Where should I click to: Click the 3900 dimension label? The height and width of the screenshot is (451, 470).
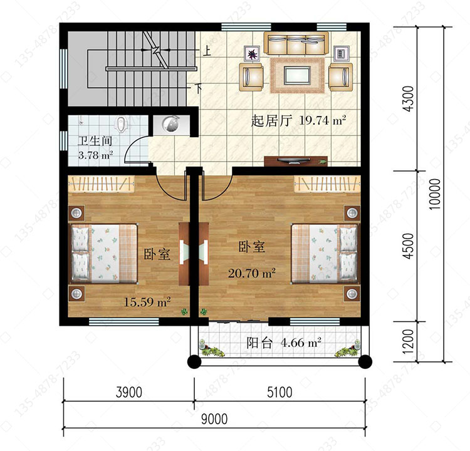129,392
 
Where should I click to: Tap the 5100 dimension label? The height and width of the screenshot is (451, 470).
279,392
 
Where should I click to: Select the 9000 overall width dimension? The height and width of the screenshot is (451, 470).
214,419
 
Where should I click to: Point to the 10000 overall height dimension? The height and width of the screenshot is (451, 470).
435,194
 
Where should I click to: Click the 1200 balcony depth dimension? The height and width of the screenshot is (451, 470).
408,341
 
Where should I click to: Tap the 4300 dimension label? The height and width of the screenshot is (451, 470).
408,98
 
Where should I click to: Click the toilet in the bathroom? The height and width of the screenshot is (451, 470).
122,124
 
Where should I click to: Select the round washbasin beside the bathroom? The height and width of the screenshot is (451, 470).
170,123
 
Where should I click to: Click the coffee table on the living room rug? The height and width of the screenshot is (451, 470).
297,75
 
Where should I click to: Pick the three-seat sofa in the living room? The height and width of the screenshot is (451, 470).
296,43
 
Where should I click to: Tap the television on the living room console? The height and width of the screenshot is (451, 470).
293,161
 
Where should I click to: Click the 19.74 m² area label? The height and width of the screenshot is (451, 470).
323,120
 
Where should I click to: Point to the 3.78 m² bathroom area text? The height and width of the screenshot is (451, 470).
95,155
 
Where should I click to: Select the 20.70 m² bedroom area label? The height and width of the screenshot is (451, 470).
252,273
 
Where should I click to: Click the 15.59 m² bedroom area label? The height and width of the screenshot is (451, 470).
147,302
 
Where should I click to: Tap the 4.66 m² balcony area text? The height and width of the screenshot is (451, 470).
301,342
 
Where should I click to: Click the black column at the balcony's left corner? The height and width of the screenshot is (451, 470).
194,361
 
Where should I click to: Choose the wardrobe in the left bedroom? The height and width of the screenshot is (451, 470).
101,184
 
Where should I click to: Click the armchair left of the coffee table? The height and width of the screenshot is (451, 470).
251,76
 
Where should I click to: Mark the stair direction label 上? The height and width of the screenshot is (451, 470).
207,51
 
